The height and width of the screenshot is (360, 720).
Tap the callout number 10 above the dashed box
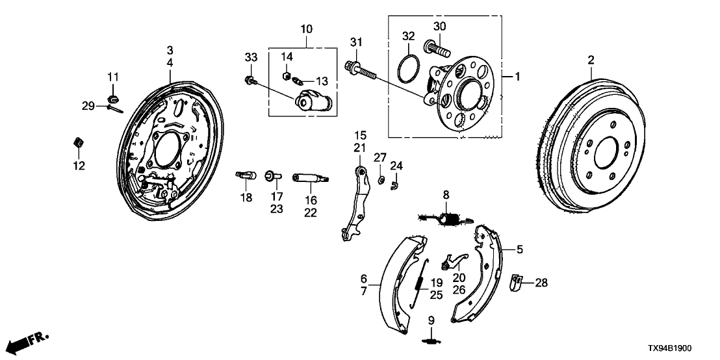coord(306,29)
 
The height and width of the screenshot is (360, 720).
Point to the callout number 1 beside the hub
coord(517,77)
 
